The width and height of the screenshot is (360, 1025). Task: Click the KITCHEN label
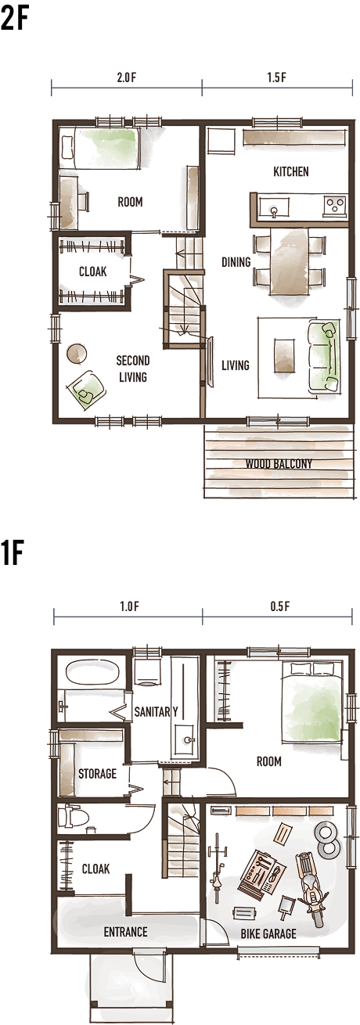290,171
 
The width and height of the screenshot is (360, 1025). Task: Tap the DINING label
236,262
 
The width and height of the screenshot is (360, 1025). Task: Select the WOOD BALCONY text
279,463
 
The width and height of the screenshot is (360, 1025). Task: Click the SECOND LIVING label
133,369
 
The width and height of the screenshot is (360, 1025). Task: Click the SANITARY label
156,711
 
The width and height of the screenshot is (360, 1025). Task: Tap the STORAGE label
97,774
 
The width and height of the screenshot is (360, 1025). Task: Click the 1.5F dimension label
276,77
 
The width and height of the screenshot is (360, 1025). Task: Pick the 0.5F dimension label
279,606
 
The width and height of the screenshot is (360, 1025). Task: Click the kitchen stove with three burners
335,204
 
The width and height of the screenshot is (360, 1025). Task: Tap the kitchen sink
274,207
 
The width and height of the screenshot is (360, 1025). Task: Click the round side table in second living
77,354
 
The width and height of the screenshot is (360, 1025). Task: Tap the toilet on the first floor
74,816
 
